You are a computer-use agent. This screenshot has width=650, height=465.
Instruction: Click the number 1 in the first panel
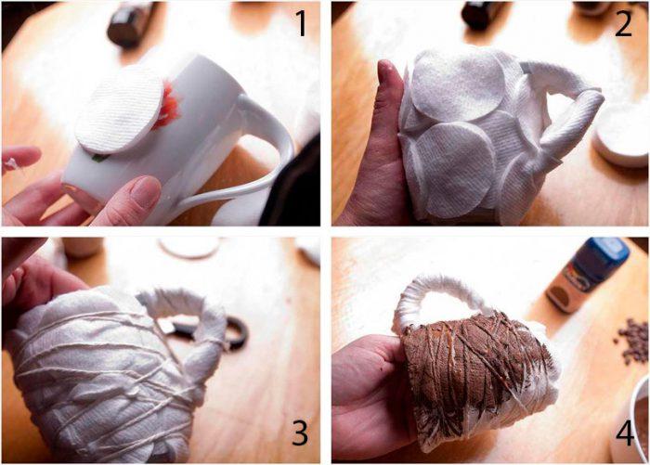click(x=302, y=23)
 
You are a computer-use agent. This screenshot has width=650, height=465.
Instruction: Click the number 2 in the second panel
click(x=623, y=23)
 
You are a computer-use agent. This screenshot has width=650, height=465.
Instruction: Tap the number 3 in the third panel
click(x=300, y=433)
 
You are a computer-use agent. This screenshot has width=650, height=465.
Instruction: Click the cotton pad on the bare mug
click(x=120, y=110)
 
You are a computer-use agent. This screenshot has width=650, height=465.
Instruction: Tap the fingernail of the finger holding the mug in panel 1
click(x=145, y=191)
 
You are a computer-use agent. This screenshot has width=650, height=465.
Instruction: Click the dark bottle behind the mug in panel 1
click(x=128, y=23)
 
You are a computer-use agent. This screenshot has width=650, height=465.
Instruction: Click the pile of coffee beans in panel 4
click(x=631, y=340)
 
